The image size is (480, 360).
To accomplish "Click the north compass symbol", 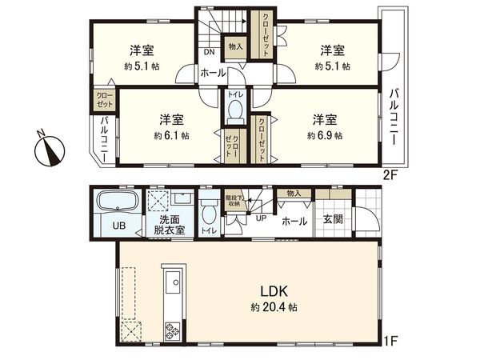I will pos(50,150).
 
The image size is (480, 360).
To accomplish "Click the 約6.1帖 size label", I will pos(171,136).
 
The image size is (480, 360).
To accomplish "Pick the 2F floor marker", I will pos(390,174).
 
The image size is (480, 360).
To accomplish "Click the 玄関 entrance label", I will pos(334,220).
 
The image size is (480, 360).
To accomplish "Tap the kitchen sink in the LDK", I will pos(172,282).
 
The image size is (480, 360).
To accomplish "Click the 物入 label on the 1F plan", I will pos(293,193).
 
